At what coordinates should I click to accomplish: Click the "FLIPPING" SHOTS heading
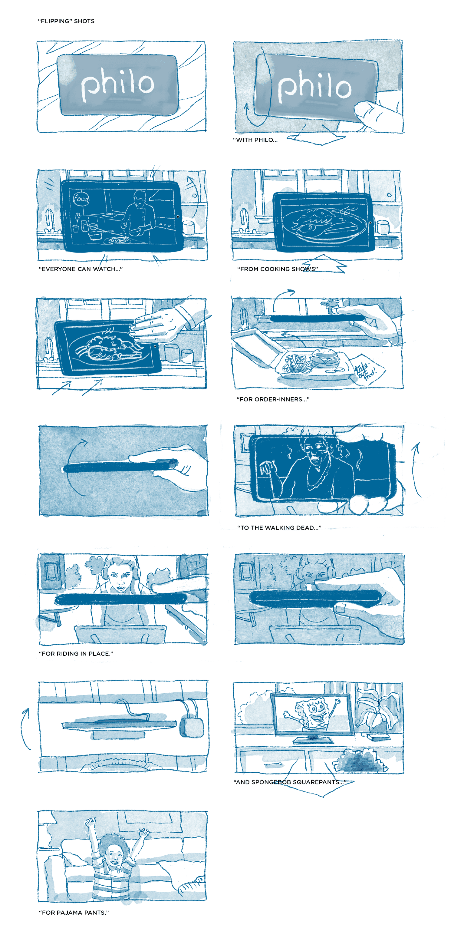tap(66, 21)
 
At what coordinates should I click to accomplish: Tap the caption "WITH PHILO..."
tap(255, 140)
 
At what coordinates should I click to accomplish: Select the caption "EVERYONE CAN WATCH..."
tap(81, 269)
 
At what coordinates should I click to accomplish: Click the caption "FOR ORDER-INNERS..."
tap(273, 399)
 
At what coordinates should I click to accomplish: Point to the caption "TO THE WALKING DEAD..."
tap(279, 528)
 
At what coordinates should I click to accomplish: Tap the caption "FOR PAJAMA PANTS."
tap(74, 913)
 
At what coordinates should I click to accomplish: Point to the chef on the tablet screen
tap(137, 216)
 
